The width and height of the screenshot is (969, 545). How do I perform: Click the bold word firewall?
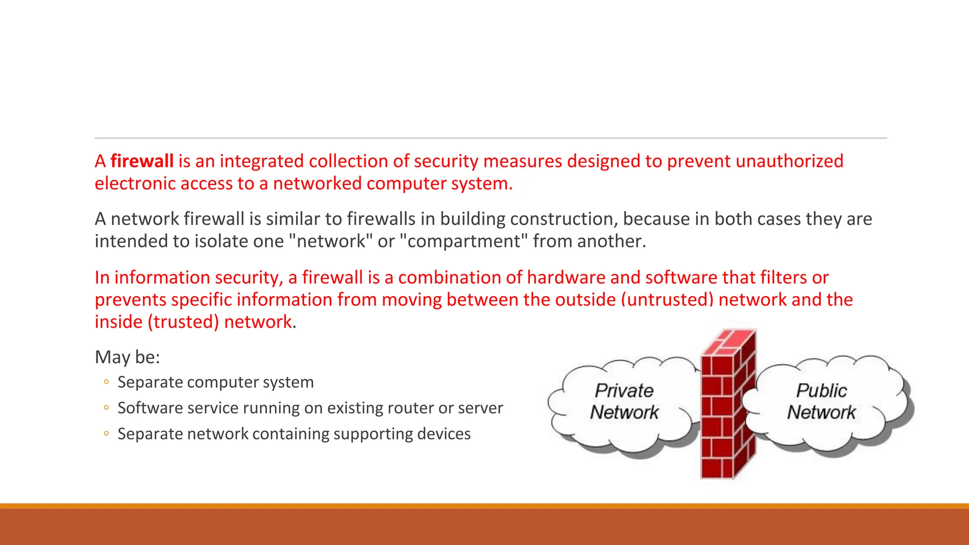coord(142,161)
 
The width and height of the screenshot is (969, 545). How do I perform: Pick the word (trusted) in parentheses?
coord(183,322)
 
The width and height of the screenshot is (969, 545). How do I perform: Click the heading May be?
coord(127,357)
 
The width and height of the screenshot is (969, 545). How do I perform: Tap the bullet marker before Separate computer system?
coord(106,382)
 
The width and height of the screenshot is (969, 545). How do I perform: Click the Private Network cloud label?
coord(624,401)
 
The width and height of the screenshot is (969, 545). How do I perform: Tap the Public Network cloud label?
coord(821,401)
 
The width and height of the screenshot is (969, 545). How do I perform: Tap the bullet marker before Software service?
coord(106,408)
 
